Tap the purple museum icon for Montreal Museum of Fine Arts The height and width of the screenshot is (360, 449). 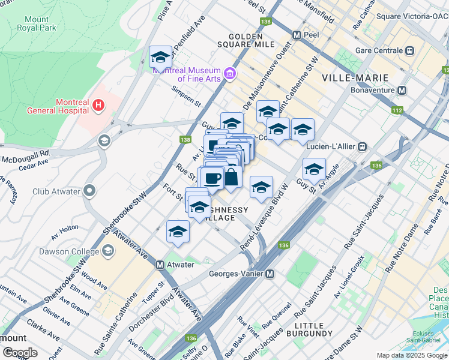pos(229,74)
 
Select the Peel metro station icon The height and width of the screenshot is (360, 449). pos(296,35)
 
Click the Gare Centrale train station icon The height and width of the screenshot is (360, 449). pos(410,50)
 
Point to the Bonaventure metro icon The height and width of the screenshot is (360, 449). pos(402,91)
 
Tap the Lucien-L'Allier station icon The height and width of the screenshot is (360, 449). pos(363,146)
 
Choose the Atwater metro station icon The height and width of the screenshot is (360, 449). pos(160,265)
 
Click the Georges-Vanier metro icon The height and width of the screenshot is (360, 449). pos(270,274)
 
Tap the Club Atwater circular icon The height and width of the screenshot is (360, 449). pos(90,192)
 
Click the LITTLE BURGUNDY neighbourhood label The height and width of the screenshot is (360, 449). pos(309,329)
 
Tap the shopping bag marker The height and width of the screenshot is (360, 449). pos(231,178)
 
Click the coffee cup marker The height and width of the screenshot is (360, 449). pos(211,178)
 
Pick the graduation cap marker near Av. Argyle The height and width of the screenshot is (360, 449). pos(314,169)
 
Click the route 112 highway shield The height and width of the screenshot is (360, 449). pos(397,110)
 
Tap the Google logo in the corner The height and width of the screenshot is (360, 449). pos(19,353)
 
